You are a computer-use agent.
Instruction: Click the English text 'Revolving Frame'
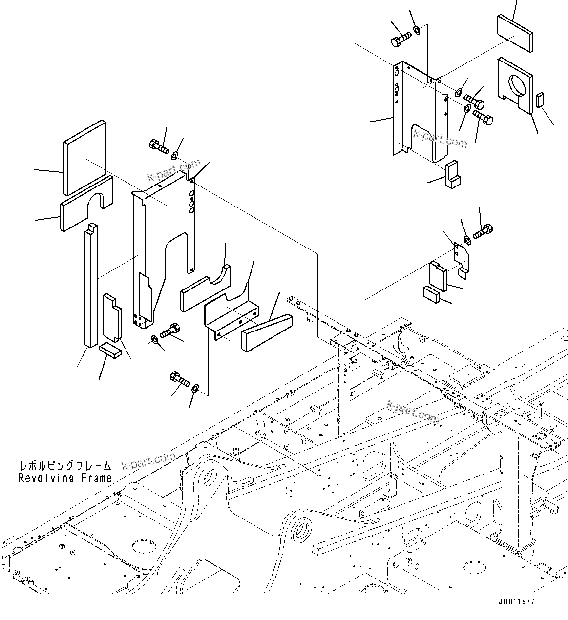tap(65, 478)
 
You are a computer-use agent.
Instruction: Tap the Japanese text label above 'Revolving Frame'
tap(65, 466)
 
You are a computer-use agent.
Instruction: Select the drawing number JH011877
tap(517, 602)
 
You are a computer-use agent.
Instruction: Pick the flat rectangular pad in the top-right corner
tap(515, 32)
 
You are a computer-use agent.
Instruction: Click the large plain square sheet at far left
tap(84, 157)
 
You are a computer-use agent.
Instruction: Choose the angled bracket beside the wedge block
tap(230, 312)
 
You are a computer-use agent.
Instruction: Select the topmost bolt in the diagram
tap(401, 39)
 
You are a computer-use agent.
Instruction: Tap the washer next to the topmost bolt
tap(417, 31)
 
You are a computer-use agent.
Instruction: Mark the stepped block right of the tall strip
tap(112, 317)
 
